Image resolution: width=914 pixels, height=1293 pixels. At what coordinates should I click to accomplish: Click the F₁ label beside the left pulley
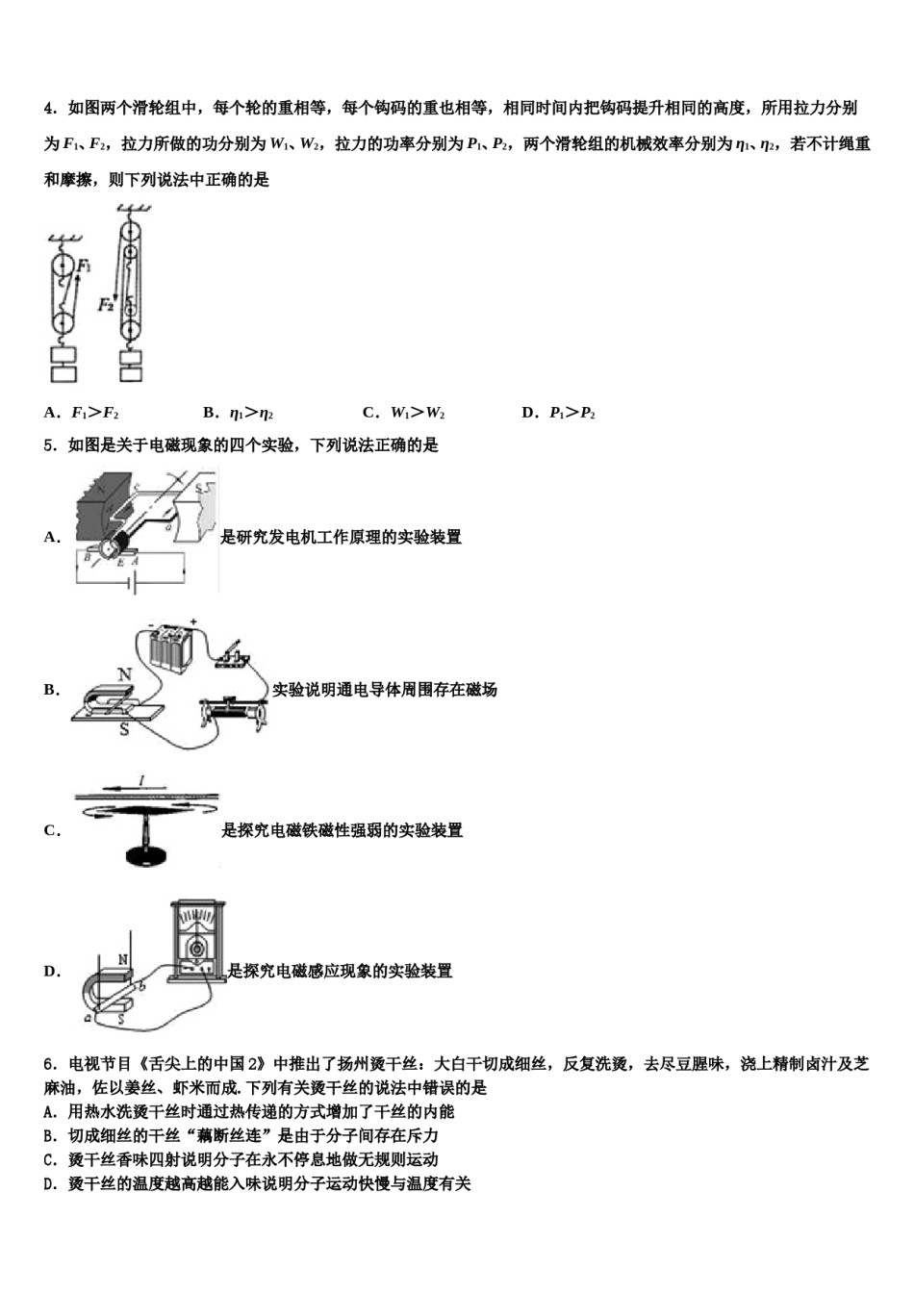coord(85,266)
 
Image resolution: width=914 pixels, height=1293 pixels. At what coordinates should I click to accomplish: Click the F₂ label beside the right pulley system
coord(106,304)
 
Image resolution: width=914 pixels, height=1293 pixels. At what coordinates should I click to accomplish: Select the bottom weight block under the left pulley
coord(63,372)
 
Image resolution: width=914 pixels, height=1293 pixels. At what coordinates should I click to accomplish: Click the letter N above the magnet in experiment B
coord(124,675)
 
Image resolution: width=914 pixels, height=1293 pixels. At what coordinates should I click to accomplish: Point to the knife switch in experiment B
coord(232,653)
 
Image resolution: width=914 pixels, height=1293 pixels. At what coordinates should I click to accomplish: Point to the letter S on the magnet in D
coord(122,1018)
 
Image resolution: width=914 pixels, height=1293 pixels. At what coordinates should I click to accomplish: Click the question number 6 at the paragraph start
coord(48,1064)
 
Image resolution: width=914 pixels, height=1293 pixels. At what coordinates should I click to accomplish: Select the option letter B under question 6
coord(48,1136)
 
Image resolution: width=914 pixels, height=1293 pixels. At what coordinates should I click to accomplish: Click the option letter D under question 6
coord(48,1184)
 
